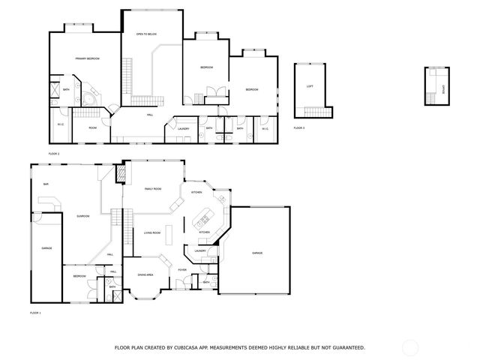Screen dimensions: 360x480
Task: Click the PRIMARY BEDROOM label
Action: (87, 58)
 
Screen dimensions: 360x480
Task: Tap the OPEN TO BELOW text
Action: (145, 34)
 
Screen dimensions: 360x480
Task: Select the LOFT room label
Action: (310, 86)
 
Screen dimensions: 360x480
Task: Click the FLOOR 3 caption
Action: (298, 128)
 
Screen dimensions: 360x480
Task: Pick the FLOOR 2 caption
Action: (54, 153)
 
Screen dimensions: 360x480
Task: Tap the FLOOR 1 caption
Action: (35, 312)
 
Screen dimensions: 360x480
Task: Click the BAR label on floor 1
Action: (46, 184)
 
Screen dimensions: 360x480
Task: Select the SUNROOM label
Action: (82, 217)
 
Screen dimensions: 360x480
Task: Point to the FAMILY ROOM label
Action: (154, 189)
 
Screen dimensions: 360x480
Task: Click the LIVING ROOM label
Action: (152, 233)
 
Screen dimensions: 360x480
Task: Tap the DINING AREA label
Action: (145, 274)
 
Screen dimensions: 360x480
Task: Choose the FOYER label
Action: (182, 268)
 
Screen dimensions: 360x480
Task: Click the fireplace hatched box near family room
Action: (118, 174)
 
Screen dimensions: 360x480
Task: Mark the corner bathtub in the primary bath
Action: (89, 98)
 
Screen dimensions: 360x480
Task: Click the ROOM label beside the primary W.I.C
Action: (93, 127)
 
